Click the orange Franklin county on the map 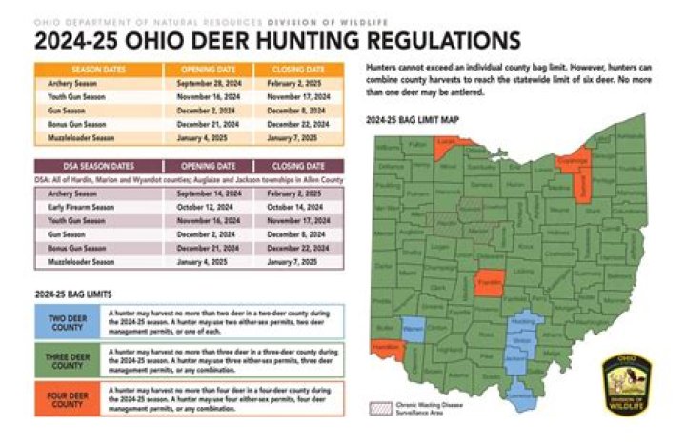point(489,284)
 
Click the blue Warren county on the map point(413,330)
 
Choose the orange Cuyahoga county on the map point(574,162)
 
